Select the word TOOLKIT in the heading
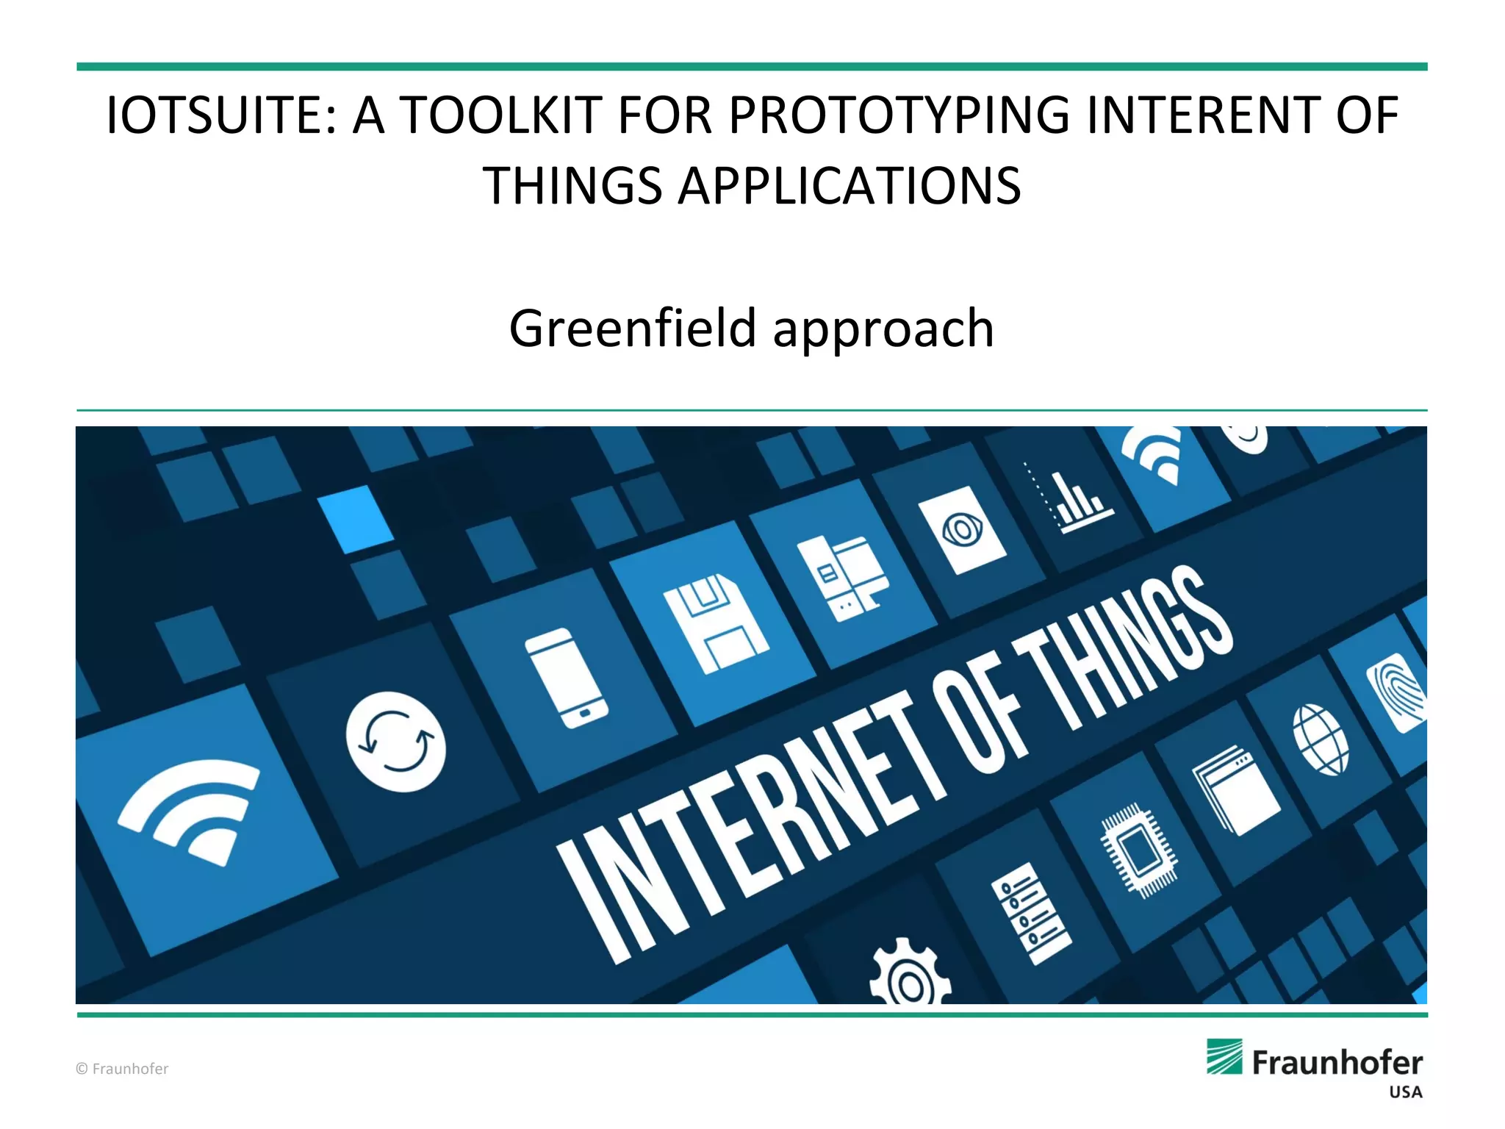pyautogui.click(x=500, y=116)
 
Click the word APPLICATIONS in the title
pyautogui.click(x=849, y=186)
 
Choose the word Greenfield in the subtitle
pyautogui.click(x=632, y=328)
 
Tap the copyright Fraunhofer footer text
pyautogui.click(x=122, y=1069)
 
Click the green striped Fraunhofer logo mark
pyautogui.click(x=1224, y=1056)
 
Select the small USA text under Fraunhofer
pyautogui.click(x=1405, y=1092)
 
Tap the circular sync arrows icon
pyautogui.click(x=396, y=742)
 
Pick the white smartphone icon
pyautogui.click(x=566, y=678)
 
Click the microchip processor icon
pyautogui.click(x=1138, y=850)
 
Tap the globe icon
pyautogui.click(x=1321, y=739)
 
